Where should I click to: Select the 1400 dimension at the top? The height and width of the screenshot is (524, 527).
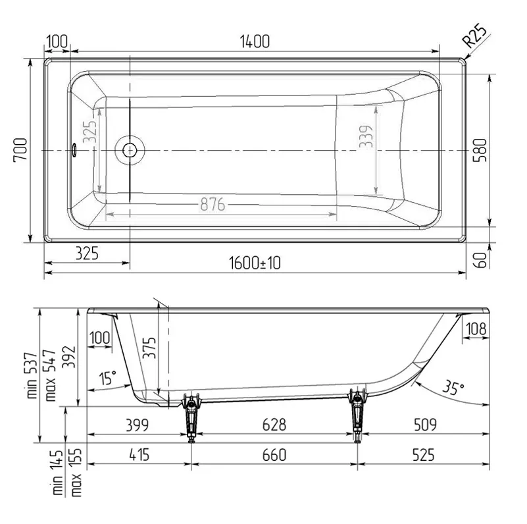[x=255, y=41]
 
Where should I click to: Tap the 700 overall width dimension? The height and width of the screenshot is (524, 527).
[x=20, y=150]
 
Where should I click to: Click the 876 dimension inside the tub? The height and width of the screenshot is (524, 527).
[x=213, y=205]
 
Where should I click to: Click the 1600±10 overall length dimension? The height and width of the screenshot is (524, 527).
[x=255, y=263]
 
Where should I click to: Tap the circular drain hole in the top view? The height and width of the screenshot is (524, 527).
[x=128, y=150]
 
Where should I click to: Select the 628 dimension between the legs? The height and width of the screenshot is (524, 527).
[x=274, y=425]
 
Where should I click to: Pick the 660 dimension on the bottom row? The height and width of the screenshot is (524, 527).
[x=274, y=454]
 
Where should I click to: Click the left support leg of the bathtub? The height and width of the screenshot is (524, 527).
[x=191, y=415]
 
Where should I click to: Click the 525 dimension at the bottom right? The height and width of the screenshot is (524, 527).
[x=424, y=454]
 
